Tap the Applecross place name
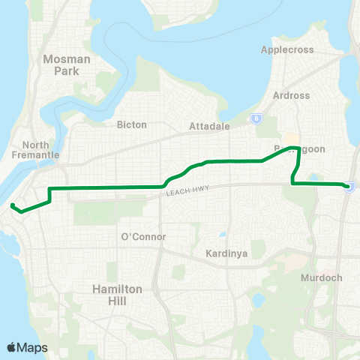(x=286, y=49)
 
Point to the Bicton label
(x=132, y=124)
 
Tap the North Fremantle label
(x=40, y=149)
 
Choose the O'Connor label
(x=142, y=237)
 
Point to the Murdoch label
(x=322, y=277)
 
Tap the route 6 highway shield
(x=256, y=118)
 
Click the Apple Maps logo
(x=27, y=347)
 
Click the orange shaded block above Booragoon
(x=289, y=139)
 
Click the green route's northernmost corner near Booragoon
(x=299, y=148)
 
